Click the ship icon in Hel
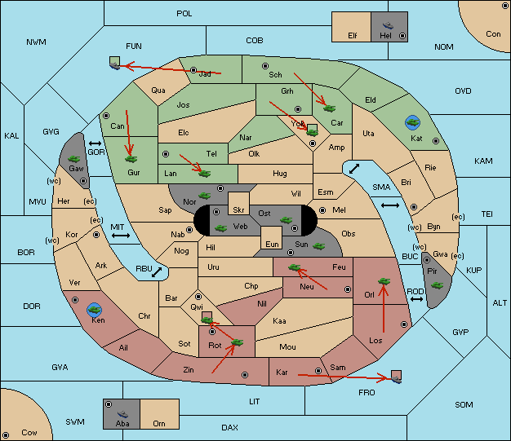click(x=388, y=25)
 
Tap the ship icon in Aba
click(x=122, y=413)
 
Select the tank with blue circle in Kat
click(x=412, y=122)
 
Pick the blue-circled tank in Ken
click(x=95, y=310)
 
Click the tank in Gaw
click(x=73, y=159)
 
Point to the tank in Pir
click(x=437, y=285)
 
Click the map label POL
click(x=184, y=14)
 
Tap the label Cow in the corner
click(x=29, y=433)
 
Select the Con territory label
click(x=493, y=34)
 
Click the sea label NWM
click(x=36, y=42)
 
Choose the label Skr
click(x=238, y=210)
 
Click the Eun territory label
click(x=272, y=244)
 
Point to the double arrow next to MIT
click(x=121, y=236)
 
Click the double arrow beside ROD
click(x=416, y=299)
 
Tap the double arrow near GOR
click(x=95, y=143)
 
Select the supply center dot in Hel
click(x=402, y=36)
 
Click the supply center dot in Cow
click(x=6, y=434)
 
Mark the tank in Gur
click(x=131, y=159)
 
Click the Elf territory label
click(x=353, y=36)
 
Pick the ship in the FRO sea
click(x=396, y=379)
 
